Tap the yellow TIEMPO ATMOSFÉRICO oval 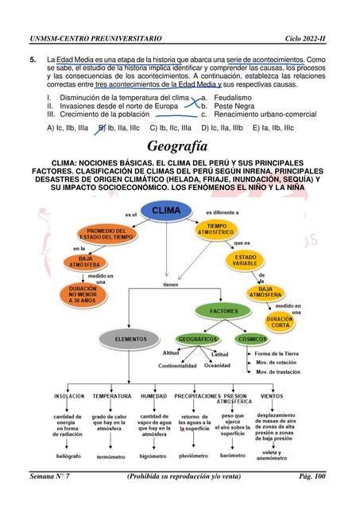(x=217, y=229)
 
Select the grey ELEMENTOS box (x=130, y=339)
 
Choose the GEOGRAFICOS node (x=198, y=339)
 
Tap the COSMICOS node (x=253, y=339)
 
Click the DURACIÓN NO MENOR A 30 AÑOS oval (x=83, y=294)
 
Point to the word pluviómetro (x=194, y=456)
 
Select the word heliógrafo (x=68, y=456)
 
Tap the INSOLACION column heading (x=69, y=395)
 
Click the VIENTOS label (x=272, y=395)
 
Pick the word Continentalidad (x=177, y=366)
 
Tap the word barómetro (x=233, y=456)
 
